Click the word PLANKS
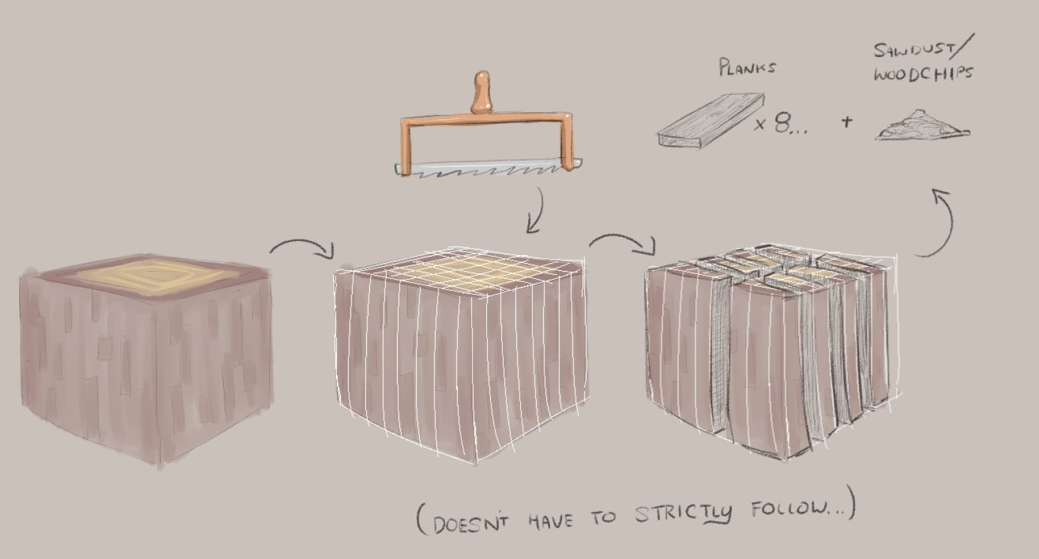click(747, 67)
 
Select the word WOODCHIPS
click(923, 74)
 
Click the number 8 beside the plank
click(783, 123)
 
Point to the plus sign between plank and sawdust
click(847, 122)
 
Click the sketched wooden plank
click(710, 121)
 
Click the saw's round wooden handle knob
click(482, 92)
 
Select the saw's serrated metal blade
click(488, 168)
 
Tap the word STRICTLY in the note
click(683, 513)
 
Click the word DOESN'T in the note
click(470, 523)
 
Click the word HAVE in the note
click(551, 520)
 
